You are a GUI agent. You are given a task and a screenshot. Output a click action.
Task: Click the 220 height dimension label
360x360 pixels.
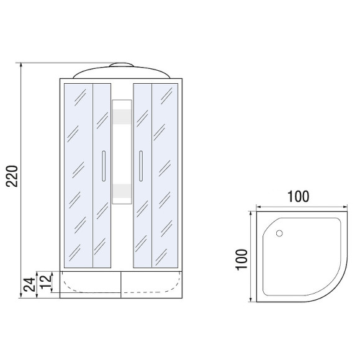(12, 176)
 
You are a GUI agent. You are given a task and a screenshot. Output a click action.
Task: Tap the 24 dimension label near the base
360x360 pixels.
(30, 284)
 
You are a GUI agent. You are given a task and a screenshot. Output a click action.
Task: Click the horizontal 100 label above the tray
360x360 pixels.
(298, 197)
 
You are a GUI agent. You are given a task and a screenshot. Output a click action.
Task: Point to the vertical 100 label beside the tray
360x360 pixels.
(241, 259)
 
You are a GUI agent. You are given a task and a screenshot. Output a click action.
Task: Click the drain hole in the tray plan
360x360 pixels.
(279, 233)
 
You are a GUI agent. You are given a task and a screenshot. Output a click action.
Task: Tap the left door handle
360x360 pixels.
(104, 166)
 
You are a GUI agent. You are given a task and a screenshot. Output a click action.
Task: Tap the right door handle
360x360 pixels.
(141, 166)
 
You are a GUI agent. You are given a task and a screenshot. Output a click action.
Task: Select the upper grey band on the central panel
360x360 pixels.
(122, 117)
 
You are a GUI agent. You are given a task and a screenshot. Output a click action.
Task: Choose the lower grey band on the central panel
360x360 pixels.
(122, 191)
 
